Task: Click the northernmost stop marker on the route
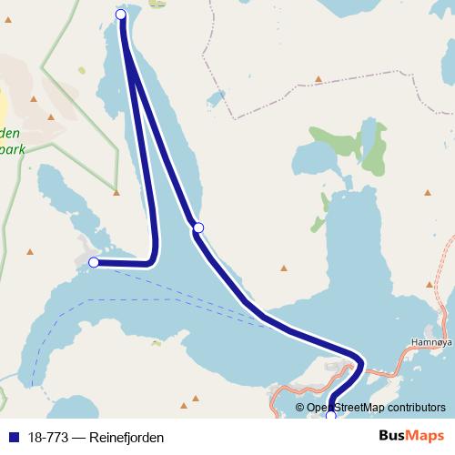click(x=121, y=14)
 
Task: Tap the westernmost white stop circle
click(x=93, y=262)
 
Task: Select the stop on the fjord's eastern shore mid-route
click(x=198, y=227)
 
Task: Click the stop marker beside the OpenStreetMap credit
click(x=331, y=416)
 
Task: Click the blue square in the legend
click(x=11, y=438)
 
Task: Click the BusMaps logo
click(x=414, y=437)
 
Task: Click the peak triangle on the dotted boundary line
click(x=318, y=79)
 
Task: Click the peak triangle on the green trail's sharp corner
click(x=116, y=192)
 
